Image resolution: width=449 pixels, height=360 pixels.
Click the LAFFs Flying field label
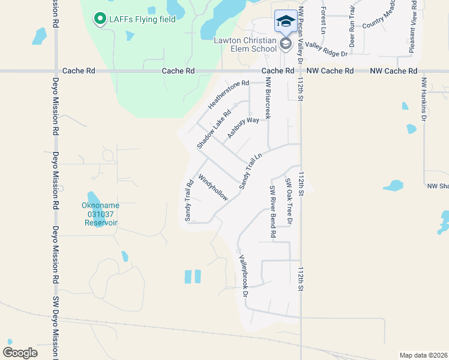click(x=142, y=19)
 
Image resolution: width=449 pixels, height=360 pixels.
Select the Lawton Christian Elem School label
click(x=246, y=45)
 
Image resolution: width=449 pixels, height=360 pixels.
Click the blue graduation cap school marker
click(x=285, y=22)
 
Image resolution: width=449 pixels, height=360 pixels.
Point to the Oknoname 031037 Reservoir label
click(x=101, y=214)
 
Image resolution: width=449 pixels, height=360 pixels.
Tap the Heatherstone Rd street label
click(x=228, y=95)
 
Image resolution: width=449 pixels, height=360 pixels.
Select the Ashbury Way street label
click(x=243, y=128)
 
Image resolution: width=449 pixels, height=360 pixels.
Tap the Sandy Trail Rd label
click(x=188, y=200)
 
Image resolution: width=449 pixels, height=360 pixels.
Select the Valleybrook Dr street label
click(x=244, y=276)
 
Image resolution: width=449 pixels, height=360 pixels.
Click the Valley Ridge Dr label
click(x=326, y=49)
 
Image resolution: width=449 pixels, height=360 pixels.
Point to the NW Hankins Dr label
click(x=423, y=99)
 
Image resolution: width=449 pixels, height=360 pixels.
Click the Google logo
click(x=20, y=353)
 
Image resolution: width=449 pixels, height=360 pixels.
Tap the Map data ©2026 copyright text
click(x=423, y=355)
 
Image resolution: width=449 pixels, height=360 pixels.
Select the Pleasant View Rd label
click(x=414, y=27)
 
